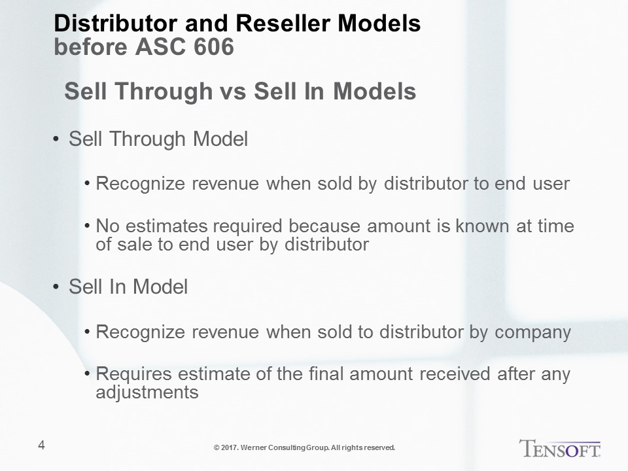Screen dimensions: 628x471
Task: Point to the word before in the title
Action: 91,47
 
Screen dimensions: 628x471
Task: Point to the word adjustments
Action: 147,392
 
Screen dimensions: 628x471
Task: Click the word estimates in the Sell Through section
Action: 167,226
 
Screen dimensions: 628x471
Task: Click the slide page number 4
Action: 41,445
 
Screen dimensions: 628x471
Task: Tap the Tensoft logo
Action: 560,448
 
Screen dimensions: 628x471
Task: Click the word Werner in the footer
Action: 254,447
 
